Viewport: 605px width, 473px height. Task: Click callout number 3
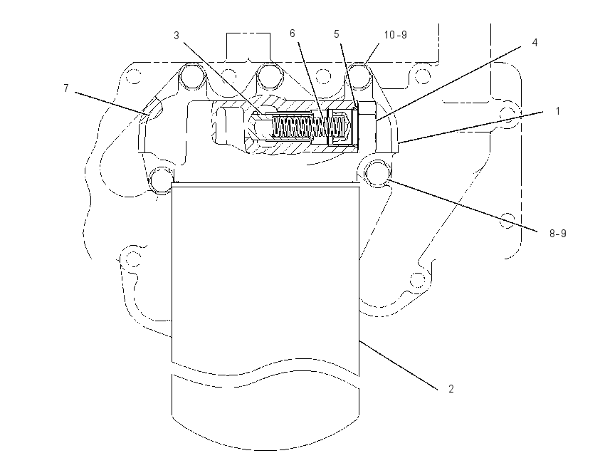177,36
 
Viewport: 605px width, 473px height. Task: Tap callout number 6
292,33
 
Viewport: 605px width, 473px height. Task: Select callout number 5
337,34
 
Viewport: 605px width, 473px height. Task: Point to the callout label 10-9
396,35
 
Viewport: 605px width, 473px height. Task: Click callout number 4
535,43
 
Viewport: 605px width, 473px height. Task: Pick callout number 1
557,111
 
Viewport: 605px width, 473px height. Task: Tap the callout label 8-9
558,233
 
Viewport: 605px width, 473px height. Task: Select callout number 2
451,389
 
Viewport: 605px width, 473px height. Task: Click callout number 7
66,88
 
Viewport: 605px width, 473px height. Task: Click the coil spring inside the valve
308,127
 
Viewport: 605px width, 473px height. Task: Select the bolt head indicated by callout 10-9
359,76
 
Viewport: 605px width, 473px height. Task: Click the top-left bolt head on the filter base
191,76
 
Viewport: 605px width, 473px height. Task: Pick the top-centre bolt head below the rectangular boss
270,76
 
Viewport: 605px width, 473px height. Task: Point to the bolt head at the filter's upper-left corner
162,180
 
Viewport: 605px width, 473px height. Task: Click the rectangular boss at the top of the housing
248,47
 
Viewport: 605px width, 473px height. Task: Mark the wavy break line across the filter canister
265,372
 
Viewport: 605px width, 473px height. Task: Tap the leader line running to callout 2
399,365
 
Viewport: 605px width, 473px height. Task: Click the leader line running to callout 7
112,103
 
